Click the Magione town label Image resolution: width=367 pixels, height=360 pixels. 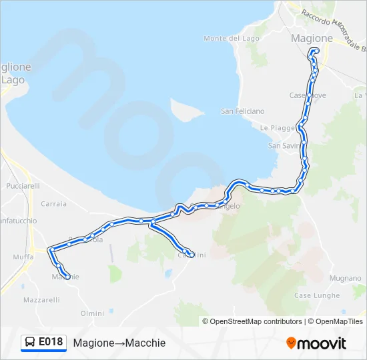[312, 39]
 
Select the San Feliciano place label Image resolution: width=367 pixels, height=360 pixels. [242, 111]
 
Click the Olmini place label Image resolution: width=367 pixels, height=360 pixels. [92, 313]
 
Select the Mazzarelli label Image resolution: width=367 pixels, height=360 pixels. [41, 301]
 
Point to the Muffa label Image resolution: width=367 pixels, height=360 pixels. [23, 256]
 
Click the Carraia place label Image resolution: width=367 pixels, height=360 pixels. [54, 204]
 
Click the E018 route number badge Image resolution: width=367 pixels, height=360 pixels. [51, 342]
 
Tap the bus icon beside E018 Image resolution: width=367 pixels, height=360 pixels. [30, 342]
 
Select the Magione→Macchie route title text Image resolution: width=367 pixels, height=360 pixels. [119, 343]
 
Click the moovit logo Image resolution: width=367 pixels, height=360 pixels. [316, 343]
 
